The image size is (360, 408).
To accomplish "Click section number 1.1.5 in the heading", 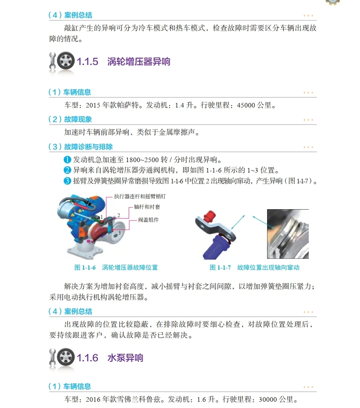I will click(87, 62).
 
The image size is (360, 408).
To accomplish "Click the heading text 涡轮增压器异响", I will click(139, 62).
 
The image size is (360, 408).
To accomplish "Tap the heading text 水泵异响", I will click(125, 358).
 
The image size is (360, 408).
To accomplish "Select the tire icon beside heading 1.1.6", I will click(66, 358).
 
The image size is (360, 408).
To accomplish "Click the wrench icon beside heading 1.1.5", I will click(52, 62).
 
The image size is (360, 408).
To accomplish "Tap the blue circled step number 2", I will click(67, 170).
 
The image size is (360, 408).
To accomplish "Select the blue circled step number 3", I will click(67, 181).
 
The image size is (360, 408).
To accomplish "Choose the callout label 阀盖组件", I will click(149, 220).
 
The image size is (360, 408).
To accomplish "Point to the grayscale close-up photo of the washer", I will click(287, 233).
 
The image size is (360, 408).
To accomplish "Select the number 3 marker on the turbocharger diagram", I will click(119, 233).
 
